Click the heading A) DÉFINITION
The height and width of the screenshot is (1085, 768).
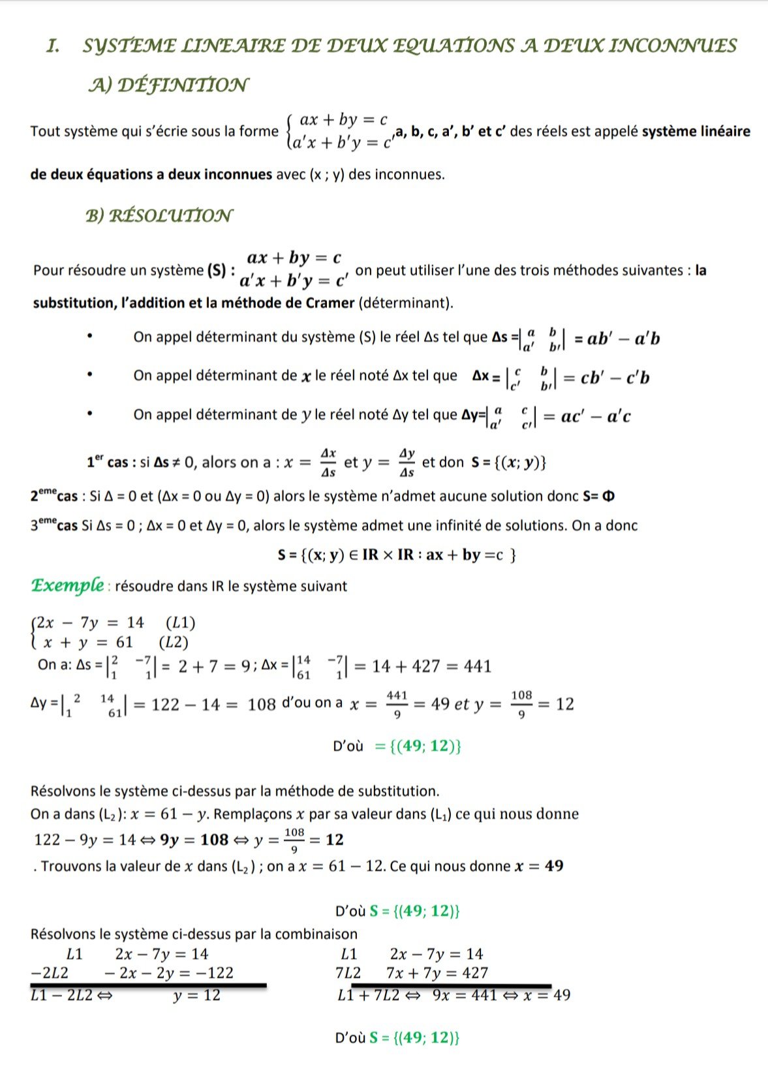(168, 85)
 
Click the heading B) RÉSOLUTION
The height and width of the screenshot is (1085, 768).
(159, 215)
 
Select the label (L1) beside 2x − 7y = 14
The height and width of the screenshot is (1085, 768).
(181, 623)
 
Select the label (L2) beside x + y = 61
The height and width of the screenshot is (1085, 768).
(174, 643)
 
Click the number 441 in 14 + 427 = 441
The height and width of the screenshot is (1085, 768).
(478, 667)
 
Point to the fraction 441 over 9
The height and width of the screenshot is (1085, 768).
(397, 705)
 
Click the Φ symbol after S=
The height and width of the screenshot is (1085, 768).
(608, 497)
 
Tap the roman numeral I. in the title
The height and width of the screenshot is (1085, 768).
(54, 46)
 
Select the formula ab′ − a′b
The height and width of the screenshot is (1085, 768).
(624, 339)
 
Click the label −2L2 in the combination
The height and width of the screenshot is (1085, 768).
(50, 973)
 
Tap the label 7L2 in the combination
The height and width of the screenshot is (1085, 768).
(348, 973)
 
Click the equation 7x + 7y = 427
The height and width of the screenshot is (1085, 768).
(437, 973)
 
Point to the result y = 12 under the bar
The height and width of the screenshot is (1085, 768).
(196, 996)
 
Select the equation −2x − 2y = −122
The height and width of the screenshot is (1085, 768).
(168, 973)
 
